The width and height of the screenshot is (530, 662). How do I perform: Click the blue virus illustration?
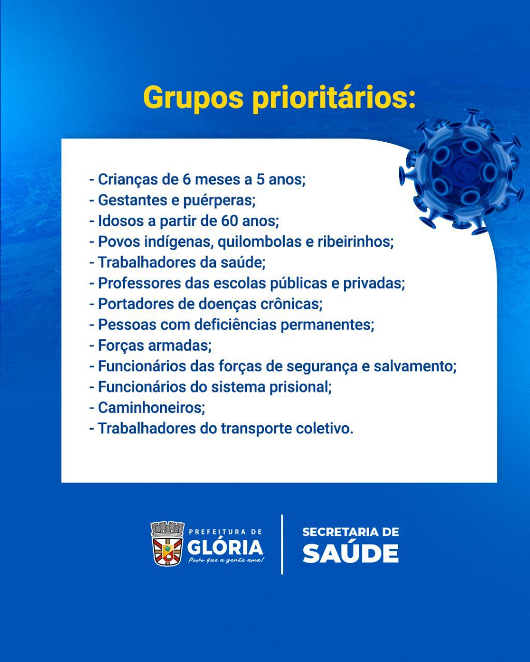coord(461,171)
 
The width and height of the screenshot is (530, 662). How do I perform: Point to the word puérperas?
coord(219,201)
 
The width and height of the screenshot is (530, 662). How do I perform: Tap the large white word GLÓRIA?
coord(225,548)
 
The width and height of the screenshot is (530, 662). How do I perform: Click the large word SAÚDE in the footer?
coord(351,553)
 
